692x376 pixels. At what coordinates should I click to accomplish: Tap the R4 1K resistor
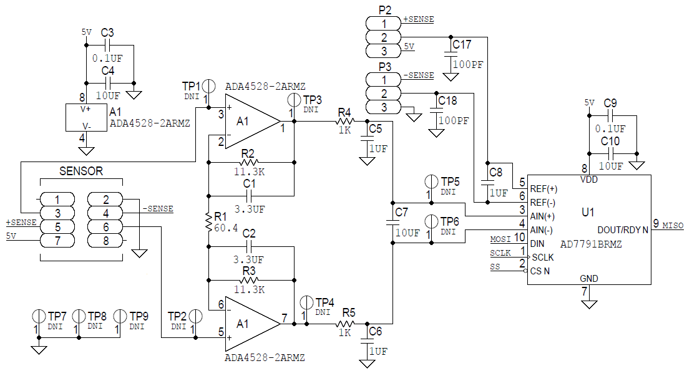coord(345,121)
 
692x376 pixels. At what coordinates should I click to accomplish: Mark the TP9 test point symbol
coord(120,316)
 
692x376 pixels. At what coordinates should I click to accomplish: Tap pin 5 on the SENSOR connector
coord(57,227)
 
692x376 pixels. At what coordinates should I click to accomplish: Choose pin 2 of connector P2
coord(384,37)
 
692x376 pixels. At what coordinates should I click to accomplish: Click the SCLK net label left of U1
coord(500,253)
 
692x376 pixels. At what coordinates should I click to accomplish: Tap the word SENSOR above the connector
coord(80,170)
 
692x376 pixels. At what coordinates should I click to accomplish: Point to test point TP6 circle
coord(431,221)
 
